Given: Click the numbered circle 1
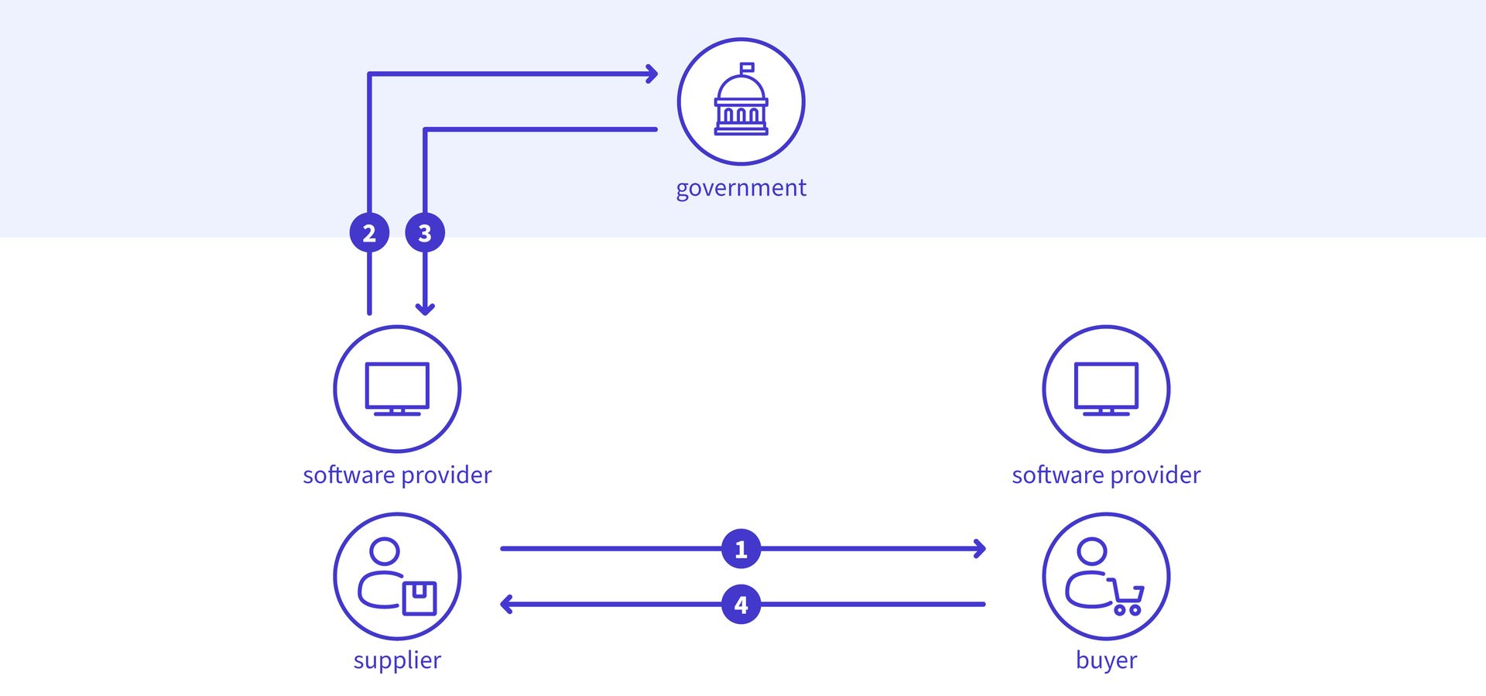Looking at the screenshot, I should coord(741,549).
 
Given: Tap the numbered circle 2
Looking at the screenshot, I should coord(369,232).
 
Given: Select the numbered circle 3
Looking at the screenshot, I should coord(425,232).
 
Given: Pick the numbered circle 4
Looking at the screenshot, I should coord(741,605).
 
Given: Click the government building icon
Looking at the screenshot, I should coord(741,101).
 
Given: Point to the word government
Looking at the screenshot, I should coord(741,188).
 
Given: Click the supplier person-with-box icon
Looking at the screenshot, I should coord(397,576).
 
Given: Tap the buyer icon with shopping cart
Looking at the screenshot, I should coord(1106,576).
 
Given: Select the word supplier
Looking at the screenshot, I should coord(397,660).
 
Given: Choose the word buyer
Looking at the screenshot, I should coord(1106,660).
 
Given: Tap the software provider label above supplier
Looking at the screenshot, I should coord(397,475).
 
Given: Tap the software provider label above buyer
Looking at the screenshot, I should coord(1106,475).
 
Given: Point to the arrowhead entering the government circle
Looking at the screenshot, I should coord(652,74).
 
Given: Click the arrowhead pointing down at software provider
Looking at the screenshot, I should coord(425,309).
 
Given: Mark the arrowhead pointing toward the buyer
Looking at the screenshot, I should coord(980,549).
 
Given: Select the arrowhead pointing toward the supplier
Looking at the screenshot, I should coord(506,605).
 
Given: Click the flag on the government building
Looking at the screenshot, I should coord(747,68).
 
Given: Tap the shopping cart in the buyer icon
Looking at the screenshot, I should coord(1127,598).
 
